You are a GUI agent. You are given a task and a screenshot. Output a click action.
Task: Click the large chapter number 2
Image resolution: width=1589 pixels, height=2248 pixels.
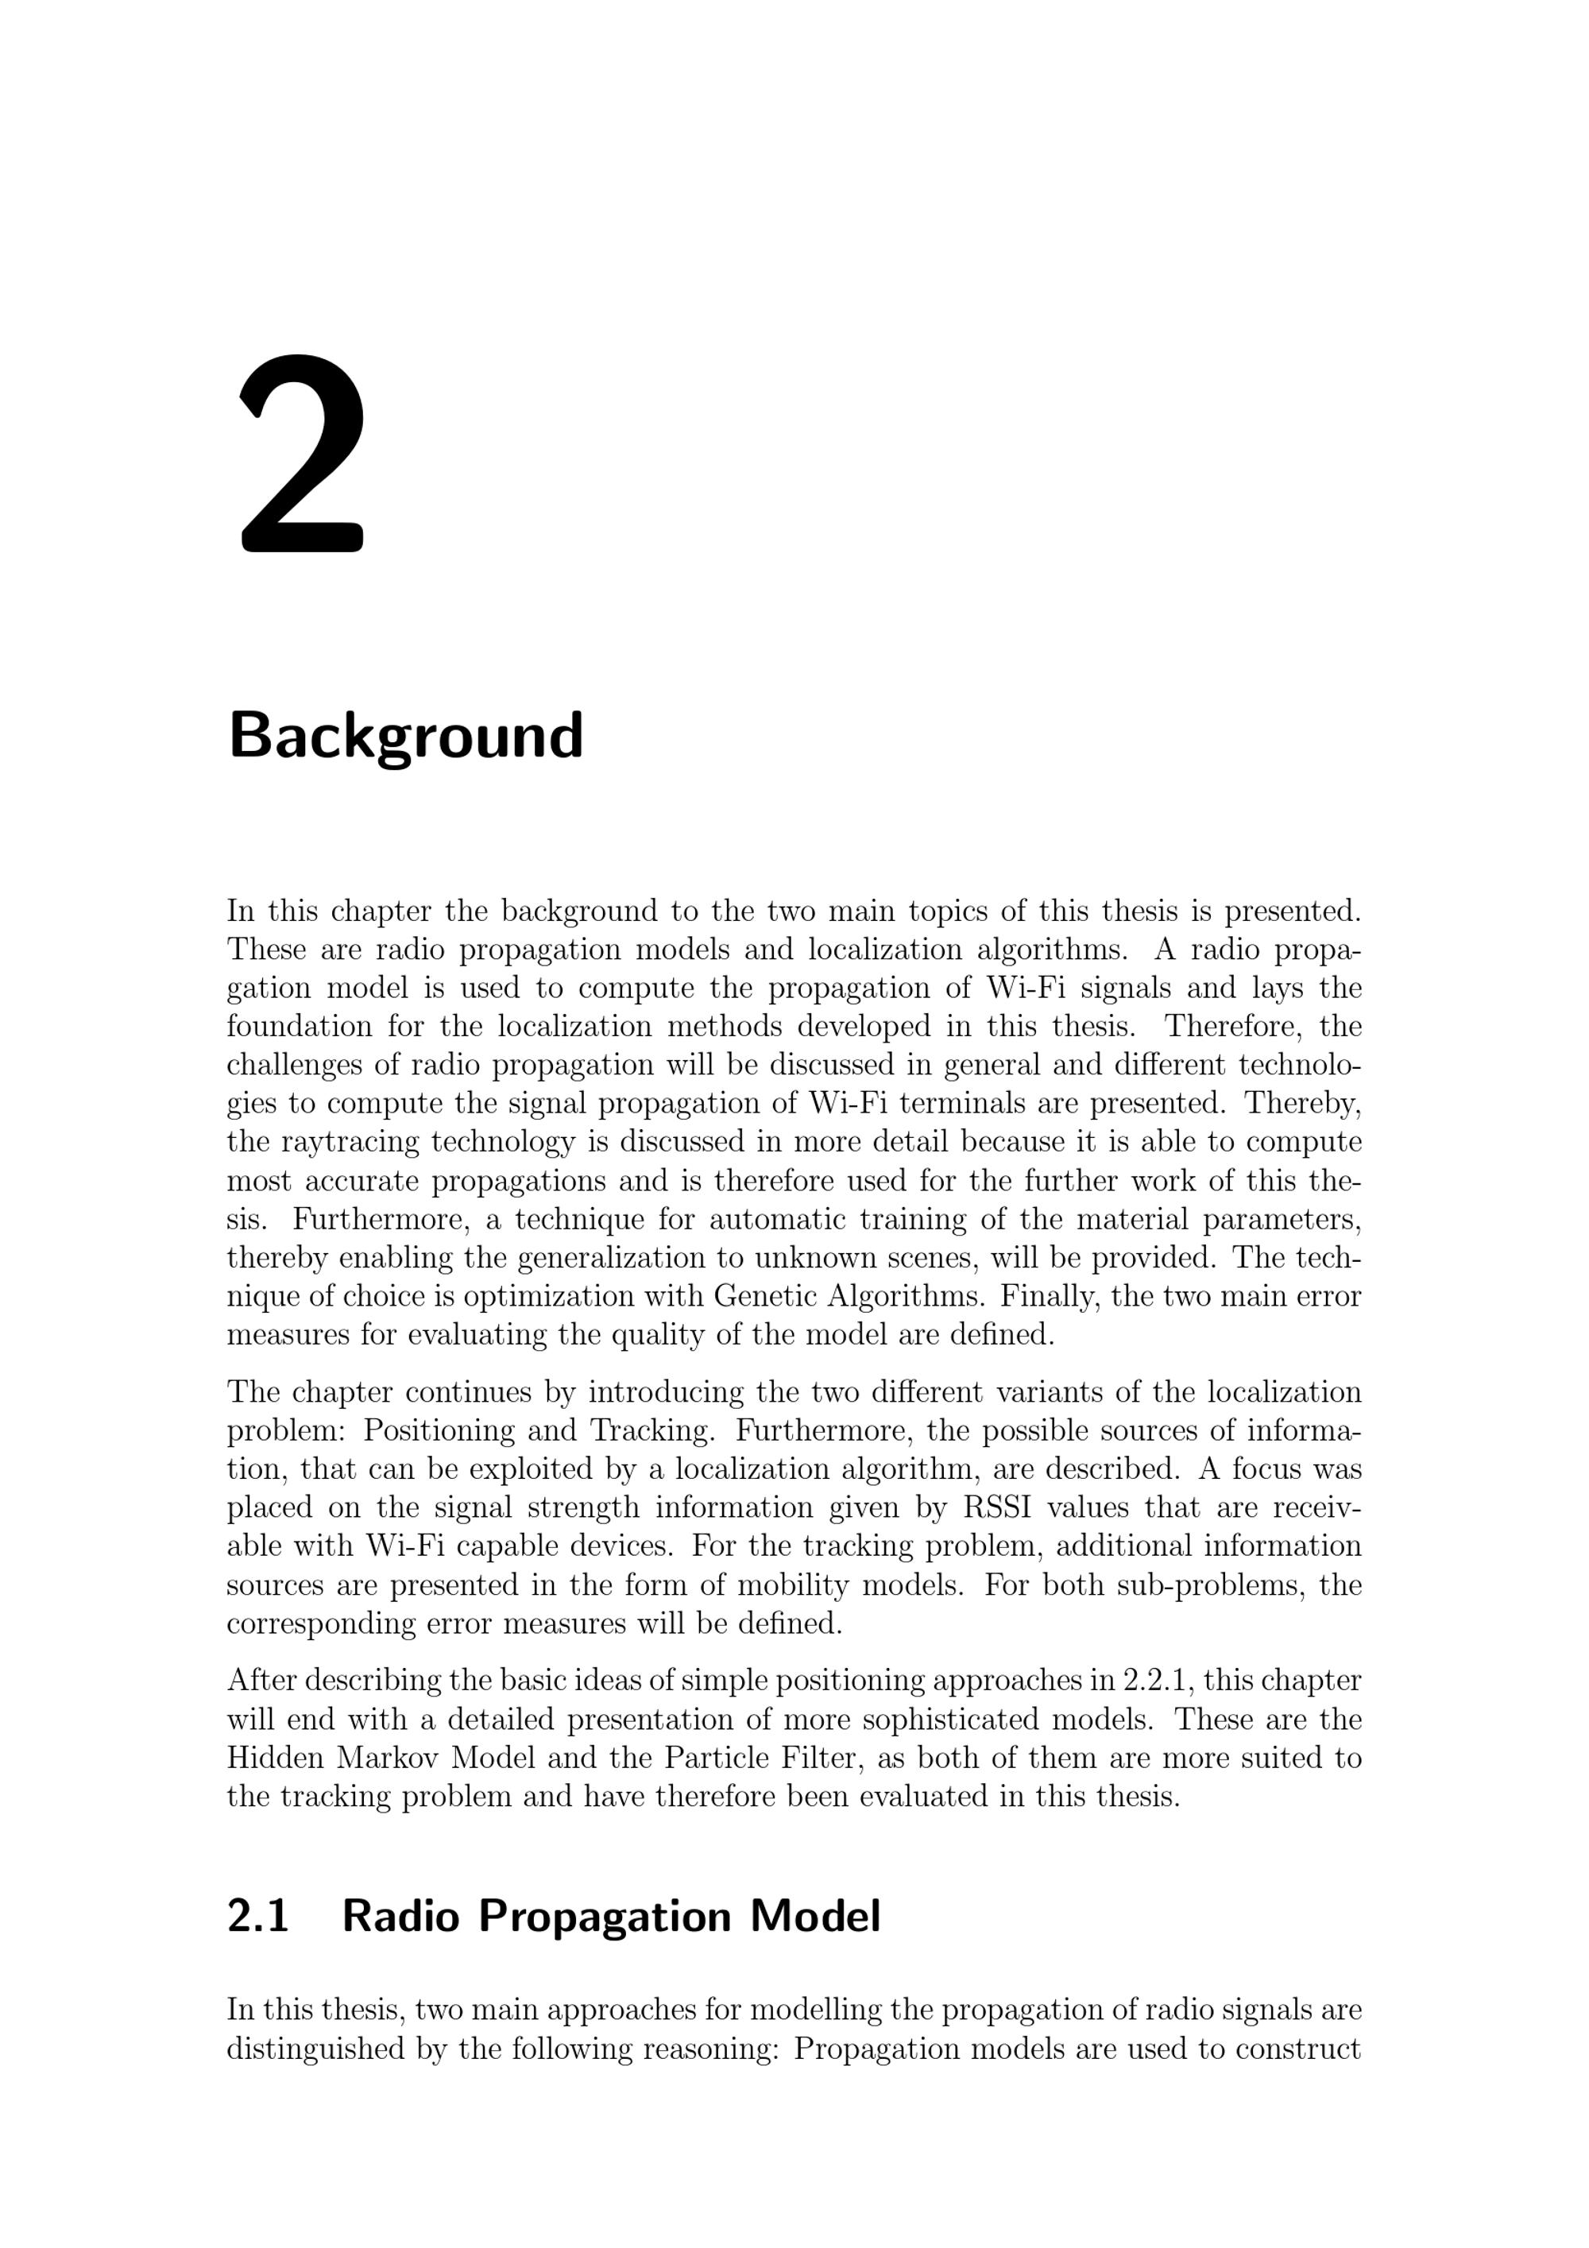(x=302, y=455)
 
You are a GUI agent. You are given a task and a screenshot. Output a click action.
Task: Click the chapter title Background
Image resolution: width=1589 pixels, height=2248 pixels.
(x=405, y=737)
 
